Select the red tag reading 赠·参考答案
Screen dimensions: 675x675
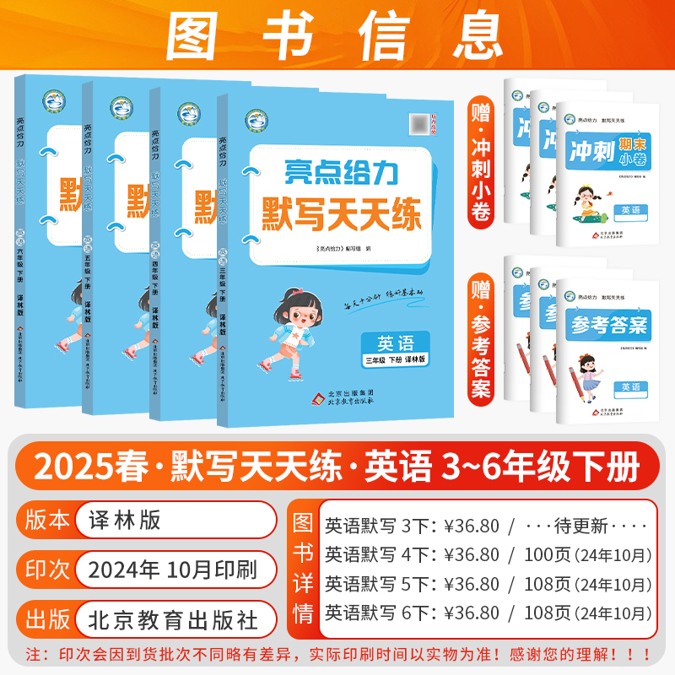coord(481,330)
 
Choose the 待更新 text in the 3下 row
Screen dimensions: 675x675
coord(591,526)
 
